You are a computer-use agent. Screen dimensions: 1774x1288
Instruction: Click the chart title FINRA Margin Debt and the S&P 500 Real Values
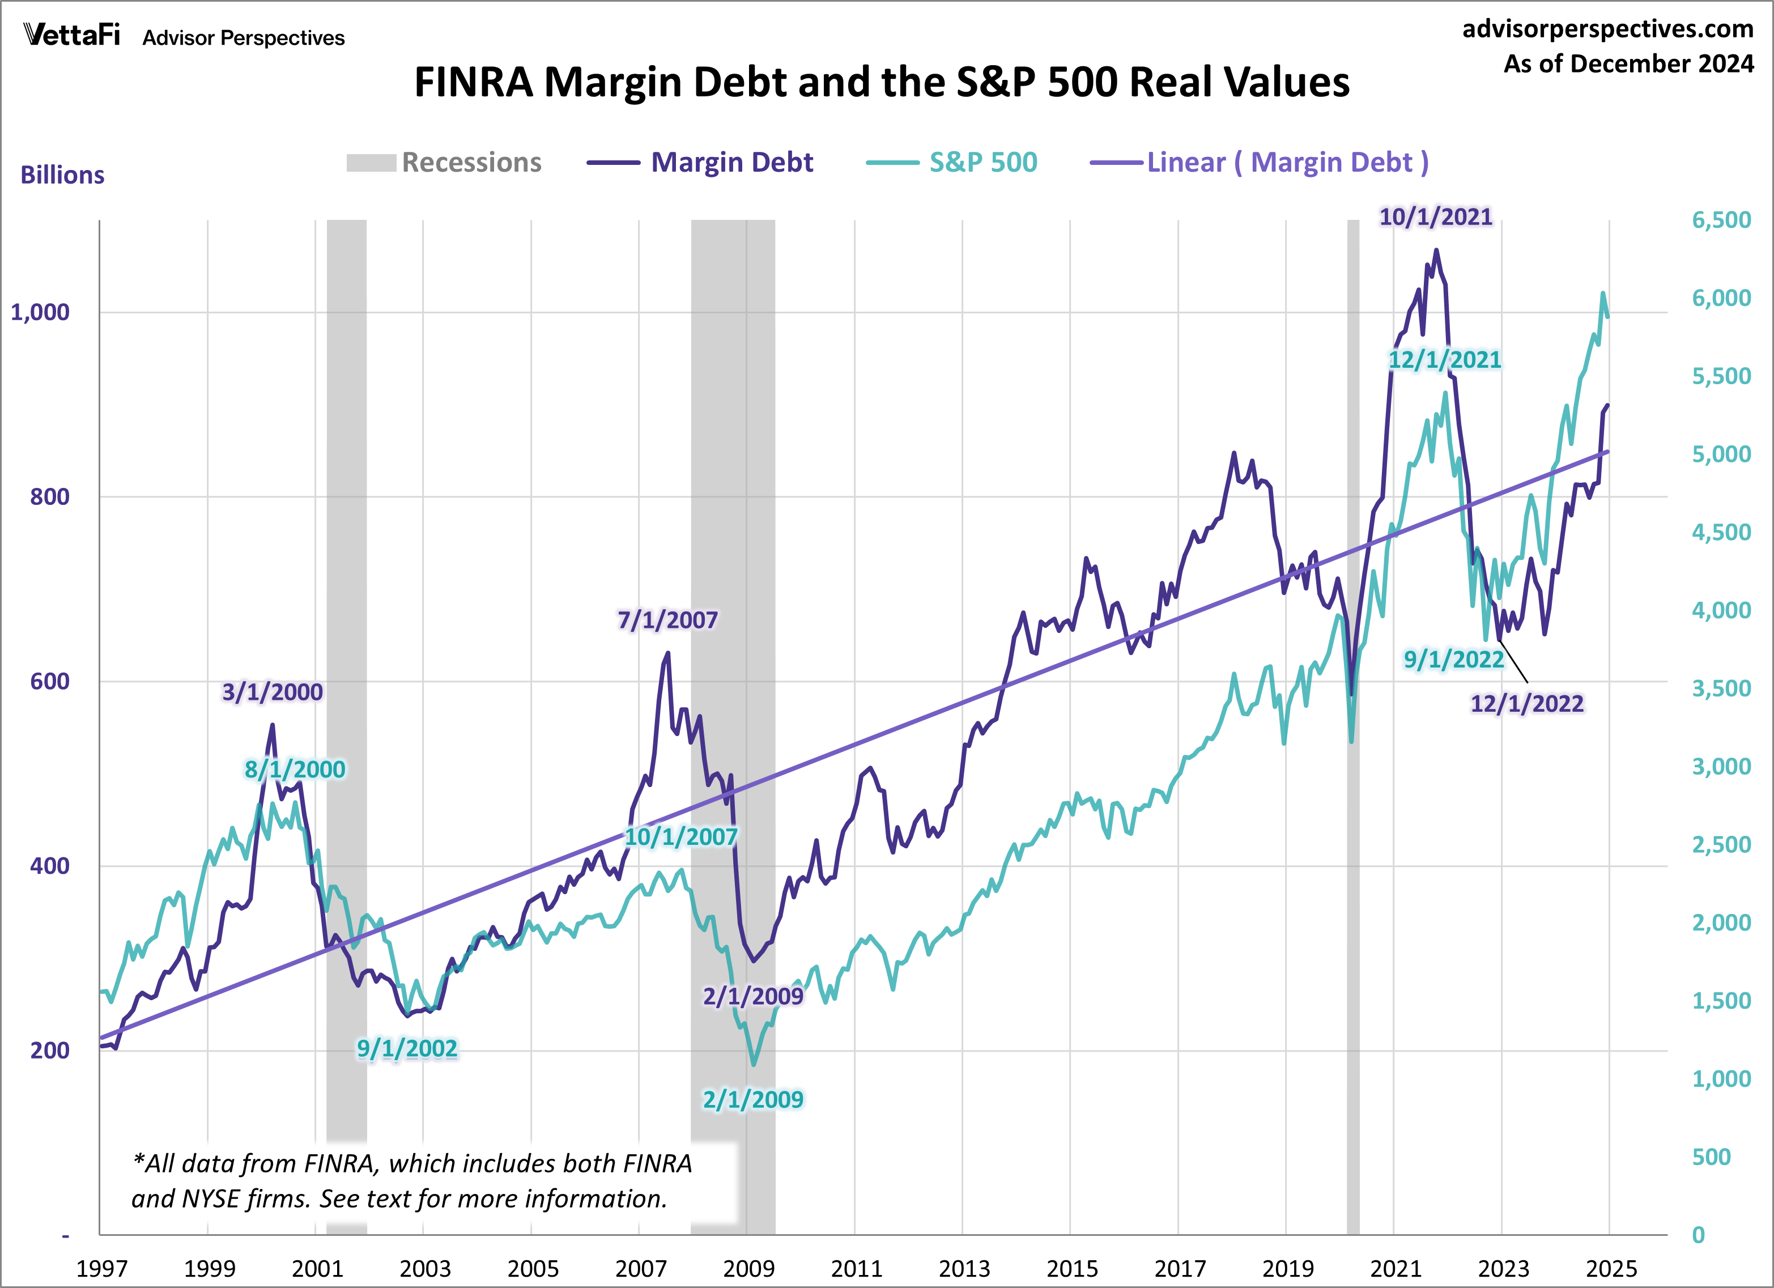pyautogui.click(x=882, y=82)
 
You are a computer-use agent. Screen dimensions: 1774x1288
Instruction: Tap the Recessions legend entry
pyautogui.click(x=444, y=163)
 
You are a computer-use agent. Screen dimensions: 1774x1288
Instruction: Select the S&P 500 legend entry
pyautogui.click(x=952, y=163)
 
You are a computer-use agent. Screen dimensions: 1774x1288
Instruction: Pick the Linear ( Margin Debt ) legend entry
pyautogui.click(x=1260, y=163)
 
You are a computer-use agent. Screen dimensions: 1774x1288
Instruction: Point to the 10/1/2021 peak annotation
pyautogui.click(x=1435, y=217)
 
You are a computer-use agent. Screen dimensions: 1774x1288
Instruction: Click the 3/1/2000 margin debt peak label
pyautogui.click(x=272, y=692)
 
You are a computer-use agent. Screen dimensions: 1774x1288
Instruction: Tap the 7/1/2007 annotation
pyautogui.click(x=667, y=620)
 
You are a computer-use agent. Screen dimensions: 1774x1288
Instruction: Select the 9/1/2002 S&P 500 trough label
pyautogui.click(x=407, y=1048)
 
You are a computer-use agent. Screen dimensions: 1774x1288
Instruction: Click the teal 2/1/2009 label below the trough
pyautogui.click(x=752, y=1099)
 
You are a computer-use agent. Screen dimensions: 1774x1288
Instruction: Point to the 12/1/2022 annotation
pyautogui.click(x=1527, y=703)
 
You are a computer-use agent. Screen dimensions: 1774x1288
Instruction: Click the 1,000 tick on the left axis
pyautogui.click(x=40, y=312)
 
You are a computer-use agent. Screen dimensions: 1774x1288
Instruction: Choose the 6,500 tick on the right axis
pyautogui.click(x=1721, y=220)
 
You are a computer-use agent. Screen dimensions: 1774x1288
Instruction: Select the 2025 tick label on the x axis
pyautogui.click(x=1610, y=1268)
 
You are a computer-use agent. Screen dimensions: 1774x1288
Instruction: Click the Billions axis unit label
pyautogui.click(x=62, y=175)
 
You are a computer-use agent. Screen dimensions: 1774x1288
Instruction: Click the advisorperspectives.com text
pyautogui.click(x=1607, y=29)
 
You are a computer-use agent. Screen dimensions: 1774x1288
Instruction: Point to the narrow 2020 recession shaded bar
pyautogui.click(x=1353, y=727)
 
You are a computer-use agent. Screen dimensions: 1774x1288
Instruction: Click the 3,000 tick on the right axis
pyautogui.click(x=1721, y=766)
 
